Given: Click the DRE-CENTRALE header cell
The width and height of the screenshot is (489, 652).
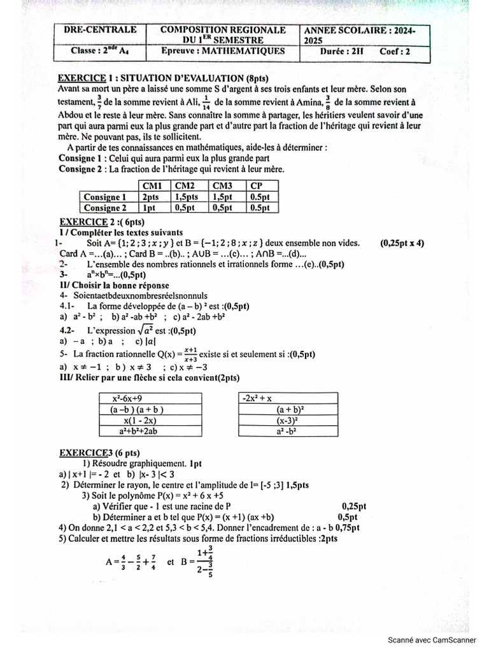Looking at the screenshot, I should pos(99,30).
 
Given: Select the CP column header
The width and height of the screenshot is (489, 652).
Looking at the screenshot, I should pos(258,186).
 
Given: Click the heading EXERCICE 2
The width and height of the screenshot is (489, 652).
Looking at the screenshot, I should pos(84,222).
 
